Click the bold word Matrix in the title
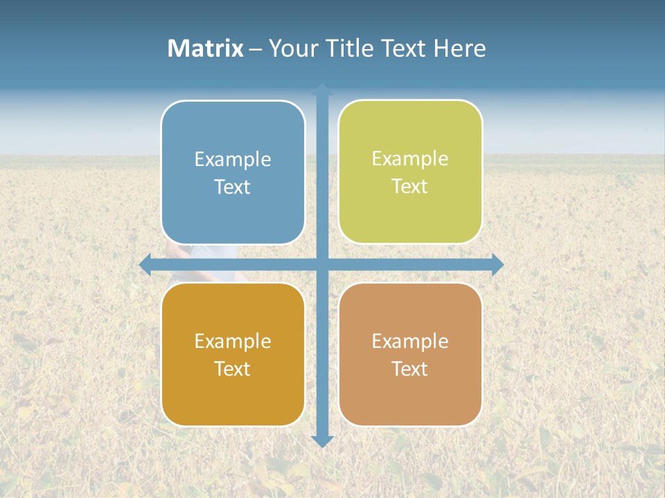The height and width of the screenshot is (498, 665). [x=206, y=48]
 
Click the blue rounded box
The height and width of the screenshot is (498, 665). [x=233, y=172]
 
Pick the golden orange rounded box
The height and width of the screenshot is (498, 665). [x=233, y=354]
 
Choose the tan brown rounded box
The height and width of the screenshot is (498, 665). [x=410, y=354]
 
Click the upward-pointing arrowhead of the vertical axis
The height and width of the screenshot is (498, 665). [x=322, y=90]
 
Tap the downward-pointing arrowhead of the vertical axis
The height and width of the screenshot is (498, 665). [x=322, y=441]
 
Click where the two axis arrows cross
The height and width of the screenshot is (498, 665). [x=322, y=264]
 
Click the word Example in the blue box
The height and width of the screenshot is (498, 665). [x=233, y=160]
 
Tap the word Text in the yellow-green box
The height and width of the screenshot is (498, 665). [x=410, y=187]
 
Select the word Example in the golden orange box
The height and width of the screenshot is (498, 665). [x=233, y=342]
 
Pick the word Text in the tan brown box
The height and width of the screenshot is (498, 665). [x=410, y=369]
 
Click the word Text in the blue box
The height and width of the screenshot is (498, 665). [x=233, y=187]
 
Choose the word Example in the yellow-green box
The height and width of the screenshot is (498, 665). [x=410, y=159]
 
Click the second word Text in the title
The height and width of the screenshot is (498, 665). [x=405, y=48]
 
